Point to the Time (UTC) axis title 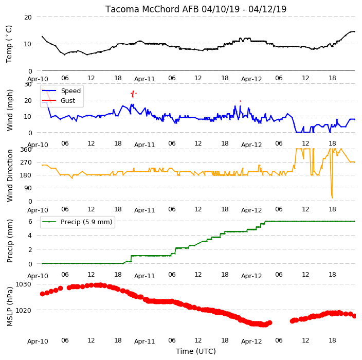coord(196,351)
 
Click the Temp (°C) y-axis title coord(9,44)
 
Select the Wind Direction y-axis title coord(9,175)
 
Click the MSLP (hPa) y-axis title coord(9,307)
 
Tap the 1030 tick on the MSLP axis coord(23,284)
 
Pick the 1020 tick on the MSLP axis coord(23,310)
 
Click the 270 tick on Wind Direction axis coord(26,163)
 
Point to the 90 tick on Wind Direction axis coord(28,188)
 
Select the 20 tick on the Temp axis coord(28,17)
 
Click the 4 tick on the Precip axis coord(30,236)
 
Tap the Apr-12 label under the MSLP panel coord(251,341)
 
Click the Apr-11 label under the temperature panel coord(144,79)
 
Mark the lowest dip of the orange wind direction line coord(332,197)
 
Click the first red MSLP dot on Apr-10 coord(43,294)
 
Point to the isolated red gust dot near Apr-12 coord(240,101)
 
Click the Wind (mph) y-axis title coord(9,110)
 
